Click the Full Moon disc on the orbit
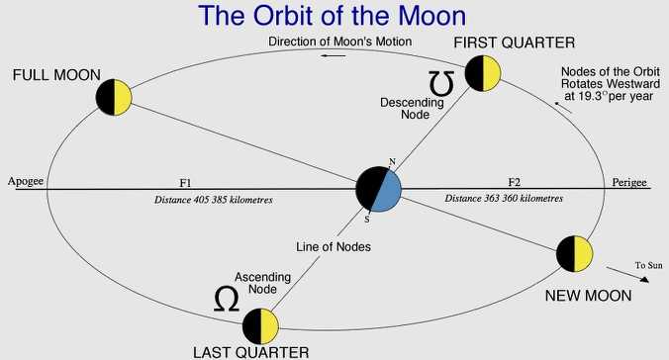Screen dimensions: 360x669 pos(114,97)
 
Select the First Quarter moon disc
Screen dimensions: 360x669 pos(485,71)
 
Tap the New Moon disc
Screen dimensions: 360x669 pos(574,253)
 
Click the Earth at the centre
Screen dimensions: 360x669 pos(379,188)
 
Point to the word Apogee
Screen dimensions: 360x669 pos(25,182)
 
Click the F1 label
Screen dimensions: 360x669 pos(185,182)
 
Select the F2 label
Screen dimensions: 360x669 pos(514,182)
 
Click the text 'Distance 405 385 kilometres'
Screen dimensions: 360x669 pos(213,199)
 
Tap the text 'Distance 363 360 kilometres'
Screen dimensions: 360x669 pos(504,199)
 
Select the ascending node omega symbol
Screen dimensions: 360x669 pos(227,300)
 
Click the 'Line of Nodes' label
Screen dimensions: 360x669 pos(334,246)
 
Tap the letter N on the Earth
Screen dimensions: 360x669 pos(392,161)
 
